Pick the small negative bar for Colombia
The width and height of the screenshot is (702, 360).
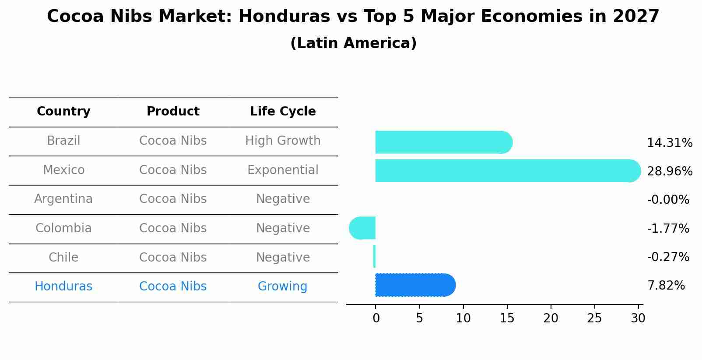tap(363, 228)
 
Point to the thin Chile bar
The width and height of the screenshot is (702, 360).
tap(374, 256)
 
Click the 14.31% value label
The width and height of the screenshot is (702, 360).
tap(670, 143)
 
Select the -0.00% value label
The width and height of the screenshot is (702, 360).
tap(668, 200)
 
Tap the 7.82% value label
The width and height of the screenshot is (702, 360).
tap(666, 286)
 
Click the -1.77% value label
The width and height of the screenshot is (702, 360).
tap(668, 228)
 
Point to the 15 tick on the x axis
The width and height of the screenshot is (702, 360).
tap(507, 318)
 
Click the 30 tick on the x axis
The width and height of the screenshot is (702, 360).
tap(638, 318)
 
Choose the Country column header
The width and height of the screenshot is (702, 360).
tap(63, 112)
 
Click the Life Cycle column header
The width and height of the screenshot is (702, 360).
tap(283, 112)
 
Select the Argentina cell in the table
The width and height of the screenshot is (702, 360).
tap(63, 199)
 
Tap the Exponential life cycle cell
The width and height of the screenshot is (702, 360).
tap(283, 170)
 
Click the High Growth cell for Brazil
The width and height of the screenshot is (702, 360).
tap(283, 141)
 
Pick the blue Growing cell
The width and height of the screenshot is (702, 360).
tap(282, 287)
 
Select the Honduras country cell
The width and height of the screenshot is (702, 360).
tap(63, 287)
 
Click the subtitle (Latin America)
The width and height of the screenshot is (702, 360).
tap(353, 43)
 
